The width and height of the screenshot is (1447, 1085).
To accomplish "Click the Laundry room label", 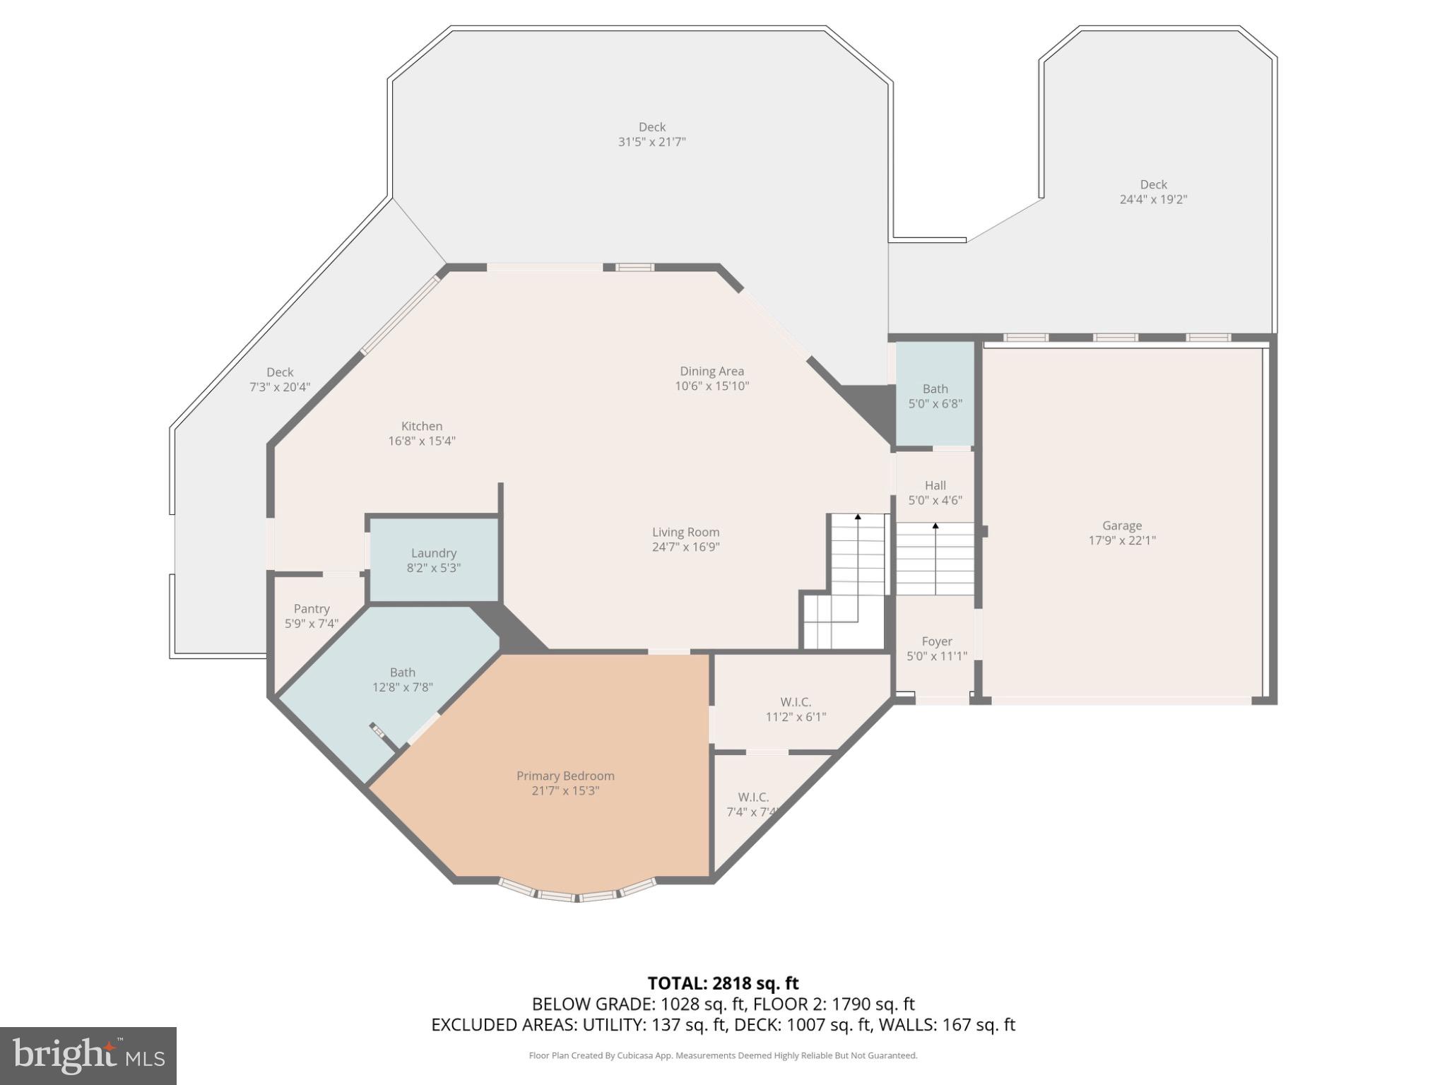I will click(x=434, y=553).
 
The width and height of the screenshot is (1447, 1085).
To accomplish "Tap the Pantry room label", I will click(x=312, y=609).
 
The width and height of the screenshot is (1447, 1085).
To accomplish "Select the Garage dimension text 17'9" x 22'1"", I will click(x=1122, y=540).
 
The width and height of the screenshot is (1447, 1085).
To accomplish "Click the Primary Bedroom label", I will click(x=565, y=776).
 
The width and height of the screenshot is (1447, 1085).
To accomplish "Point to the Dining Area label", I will click(x=711, y=371).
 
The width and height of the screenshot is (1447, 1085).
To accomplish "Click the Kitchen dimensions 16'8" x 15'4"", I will click(x=422, y=441).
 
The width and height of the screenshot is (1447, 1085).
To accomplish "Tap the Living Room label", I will click(x=685, y=532).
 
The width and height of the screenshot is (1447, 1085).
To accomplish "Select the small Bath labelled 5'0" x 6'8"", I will click(x=935, y=389).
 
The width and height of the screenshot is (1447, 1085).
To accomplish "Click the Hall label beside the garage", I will click(x=935, y=485).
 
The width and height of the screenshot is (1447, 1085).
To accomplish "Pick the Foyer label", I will click(x=937, y=641).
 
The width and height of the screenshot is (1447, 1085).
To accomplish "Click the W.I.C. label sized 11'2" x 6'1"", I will click(x=796, y=702).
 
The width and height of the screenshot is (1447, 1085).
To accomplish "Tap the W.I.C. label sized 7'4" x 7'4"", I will click(x=753, y=797).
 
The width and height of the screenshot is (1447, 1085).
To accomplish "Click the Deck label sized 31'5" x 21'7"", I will click(x=652, y=127).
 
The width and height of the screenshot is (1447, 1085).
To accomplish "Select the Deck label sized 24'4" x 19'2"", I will click(x=1153, y=184).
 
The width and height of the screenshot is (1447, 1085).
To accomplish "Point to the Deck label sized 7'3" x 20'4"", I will click(x=280, y=372).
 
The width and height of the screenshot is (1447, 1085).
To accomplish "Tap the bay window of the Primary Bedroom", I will click(x=577, y=896).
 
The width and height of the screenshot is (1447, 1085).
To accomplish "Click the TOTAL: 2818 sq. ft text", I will click(x=723, y=983).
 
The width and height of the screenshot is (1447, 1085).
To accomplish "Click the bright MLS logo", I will click(x=88, y=1055).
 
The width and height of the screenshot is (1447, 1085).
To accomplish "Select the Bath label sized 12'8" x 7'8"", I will click(x=402, y=672).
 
